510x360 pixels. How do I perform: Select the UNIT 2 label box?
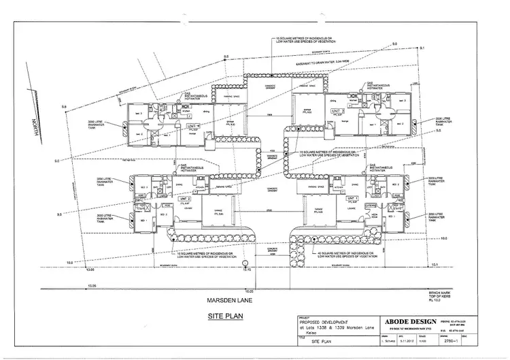pyautogui.click(x=184, y=198)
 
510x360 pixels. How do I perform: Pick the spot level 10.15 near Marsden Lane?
pyautogui.click(x=248, y=270)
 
